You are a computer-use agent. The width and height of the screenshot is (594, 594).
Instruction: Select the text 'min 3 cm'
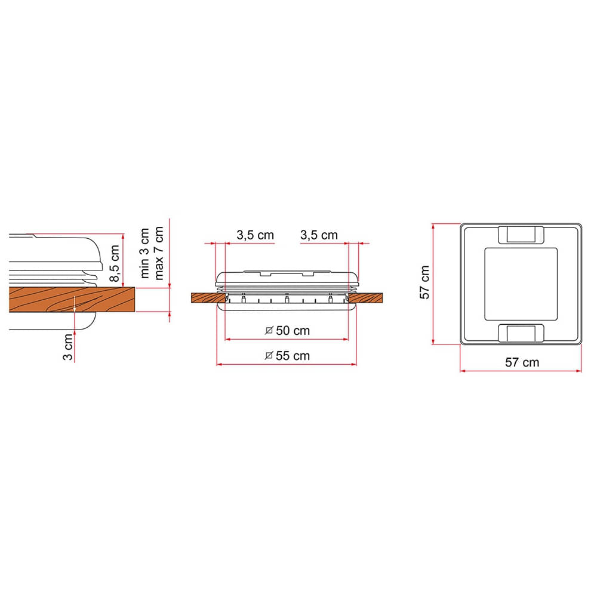(146, 254)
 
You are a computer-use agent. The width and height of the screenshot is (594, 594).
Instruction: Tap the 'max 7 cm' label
(159, 254)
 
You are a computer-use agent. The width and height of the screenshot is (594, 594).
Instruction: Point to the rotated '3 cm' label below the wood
(69, 347)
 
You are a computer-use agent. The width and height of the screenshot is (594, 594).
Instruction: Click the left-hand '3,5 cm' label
(255, 235)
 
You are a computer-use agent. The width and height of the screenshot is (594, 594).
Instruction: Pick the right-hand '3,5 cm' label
(319, 235)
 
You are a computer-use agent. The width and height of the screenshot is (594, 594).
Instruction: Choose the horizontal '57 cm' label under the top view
(522, 362)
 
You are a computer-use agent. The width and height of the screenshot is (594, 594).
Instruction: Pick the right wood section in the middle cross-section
(366, 298)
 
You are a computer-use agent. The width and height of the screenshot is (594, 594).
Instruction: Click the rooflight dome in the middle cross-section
(287, 278)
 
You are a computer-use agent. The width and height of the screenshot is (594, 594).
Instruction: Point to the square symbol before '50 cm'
(269, 330)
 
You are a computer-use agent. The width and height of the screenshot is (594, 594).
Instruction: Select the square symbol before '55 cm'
(269, 356)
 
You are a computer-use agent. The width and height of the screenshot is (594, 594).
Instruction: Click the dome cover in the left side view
(60, 251)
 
